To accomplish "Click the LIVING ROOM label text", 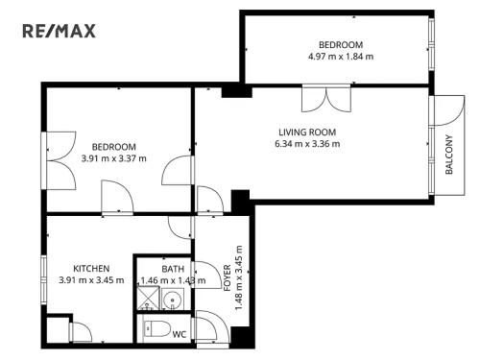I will [x=307, y=132].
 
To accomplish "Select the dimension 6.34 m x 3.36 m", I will [x=307, y=145].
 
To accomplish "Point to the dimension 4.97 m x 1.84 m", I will [x=341, y=58].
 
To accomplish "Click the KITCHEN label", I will [x=91, y=268].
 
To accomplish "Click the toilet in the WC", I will [x=152, y=332].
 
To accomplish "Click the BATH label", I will [x=173, y=269].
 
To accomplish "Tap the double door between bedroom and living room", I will [x=321, y=99].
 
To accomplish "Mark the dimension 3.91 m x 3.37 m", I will [x=113, y=158].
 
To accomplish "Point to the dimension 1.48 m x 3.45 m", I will [x=239, y=278].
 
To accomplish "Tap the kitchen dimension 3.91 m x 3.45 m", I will [x=91, y=280].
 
